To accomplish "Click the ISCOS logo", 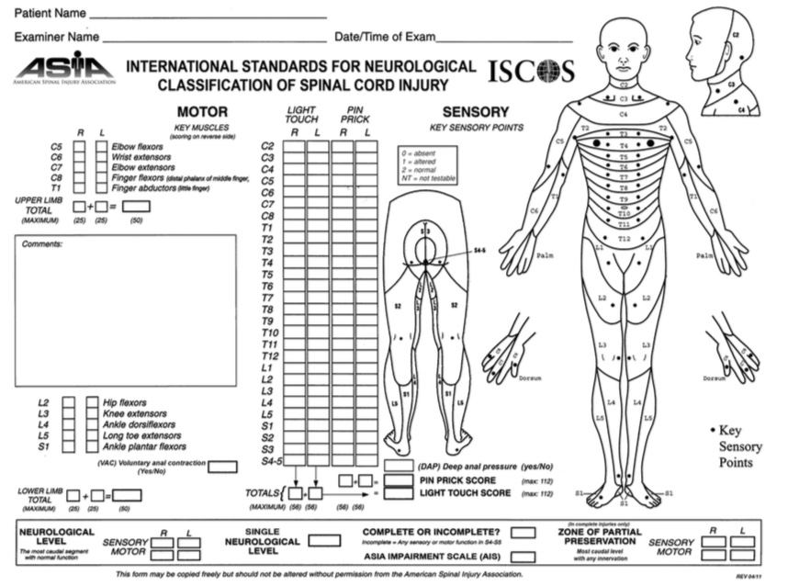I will [x=531, y=72].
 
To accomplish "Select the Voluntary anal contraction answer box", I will [x=222, y=467].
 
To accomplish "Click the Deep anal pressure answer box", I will [x=398, y=466].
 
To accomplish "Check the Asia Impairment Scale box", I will [x=523, y=557].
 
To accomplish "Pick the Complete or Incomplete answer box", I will [x=523, y=533].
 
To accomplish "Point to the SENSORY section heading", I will [x=468, y=111].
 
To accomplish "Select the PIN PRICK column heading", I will [x=354, y=114].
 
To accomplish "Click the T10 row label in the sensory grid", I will [x=269, y=332].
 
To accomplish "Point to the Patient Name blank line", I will [x=208, y=16].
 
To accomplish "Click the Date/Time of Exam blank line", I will [x=504, y=39].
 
